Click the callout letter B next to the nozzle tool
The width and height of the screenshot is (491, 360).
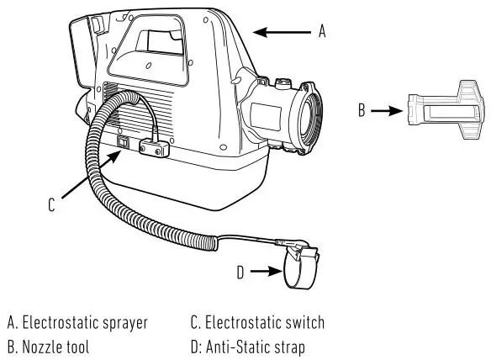click(x=361, y=110)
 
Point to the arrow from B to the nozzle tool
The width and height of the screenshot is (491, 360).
click(x=384, y=110)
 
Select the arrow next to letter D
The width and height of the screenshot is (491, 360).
click(x=267, y=271)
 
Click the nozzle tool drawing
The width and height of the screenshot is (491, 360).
click(x=445, y=109)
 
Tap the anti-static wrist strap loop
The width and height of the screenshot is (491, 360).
click(x=298, y=271)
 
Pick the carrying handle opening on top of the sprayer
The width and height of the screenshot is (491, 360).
click(x=156, y=41)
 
